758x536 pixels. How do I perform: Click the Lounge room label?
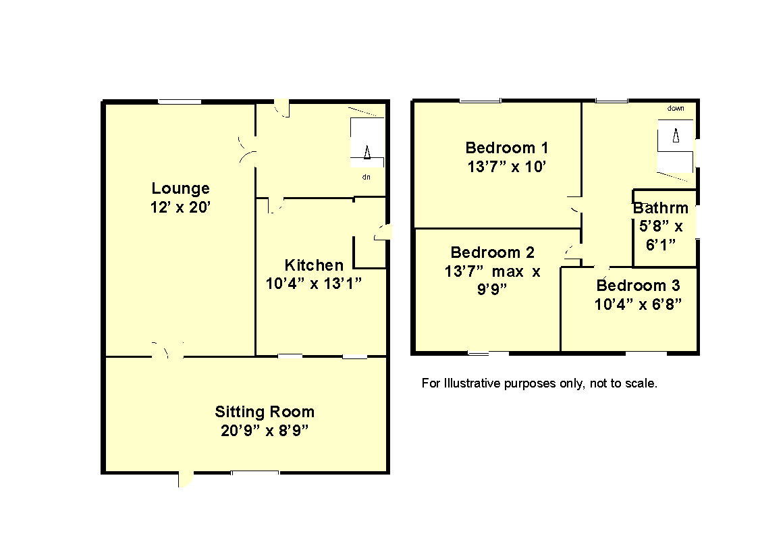tap(180, 188)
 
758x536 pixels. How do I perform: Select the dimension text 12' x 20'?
tap(180, 207)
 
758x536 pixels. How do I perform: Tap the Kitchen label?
tap(314, 265)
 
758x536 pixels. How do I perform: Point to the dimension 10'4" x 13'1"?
tap(314, 284)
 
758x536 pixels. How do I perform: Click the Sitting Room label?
tap(265, 412)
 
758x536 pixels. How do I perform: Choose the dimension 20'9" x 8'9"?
tap(265, 430)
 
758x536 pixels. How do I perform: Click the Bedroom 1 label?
tap(507, 147)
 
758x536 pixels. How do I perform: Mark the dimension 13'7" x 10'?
tap(507, 167)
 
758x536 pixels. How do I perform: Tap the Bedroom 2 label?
tap(493, 252)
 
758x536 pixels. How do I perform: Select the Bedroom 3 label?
tap(638, 286)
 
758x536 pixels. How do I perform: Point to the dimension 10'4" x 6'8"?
tap(638, 304)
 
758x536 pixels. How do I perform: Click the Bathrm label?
tap(660, 208)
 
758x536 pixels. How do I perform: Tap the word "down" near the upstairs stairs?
tap(676, 108)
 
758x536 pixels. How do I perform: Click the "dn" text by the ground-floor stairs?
tap(367, 177)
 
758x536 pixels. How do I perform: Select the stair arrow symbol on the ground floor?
tap(367, 152)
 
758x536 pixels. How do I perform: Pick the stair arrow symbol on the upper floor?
tap(676, 135)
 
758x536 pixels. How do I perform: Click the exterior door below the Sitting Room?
tap(186, 479)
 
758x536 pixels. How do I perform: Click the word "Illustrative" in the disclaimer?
tap(472, 383)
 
